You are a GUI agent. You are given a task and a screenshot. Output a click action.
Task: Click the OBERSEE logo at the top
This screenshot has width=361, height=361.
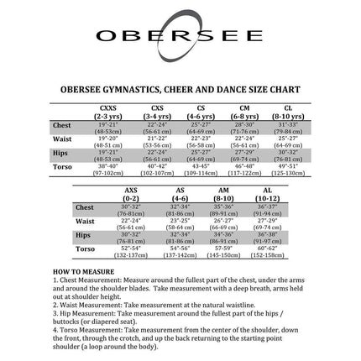tap(180, 37)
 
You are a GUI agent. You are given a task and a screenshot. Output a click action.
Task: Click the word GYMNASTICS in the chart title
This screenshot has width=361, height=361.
tap(139, 86)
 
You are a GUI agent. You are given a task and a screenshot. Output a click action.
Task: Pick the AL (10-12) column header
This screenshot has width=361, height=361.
tap(268, 193)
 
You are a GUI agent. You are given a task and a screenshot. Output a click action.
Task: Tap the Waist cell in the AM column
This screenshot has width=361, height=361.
tap(222, 222)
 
